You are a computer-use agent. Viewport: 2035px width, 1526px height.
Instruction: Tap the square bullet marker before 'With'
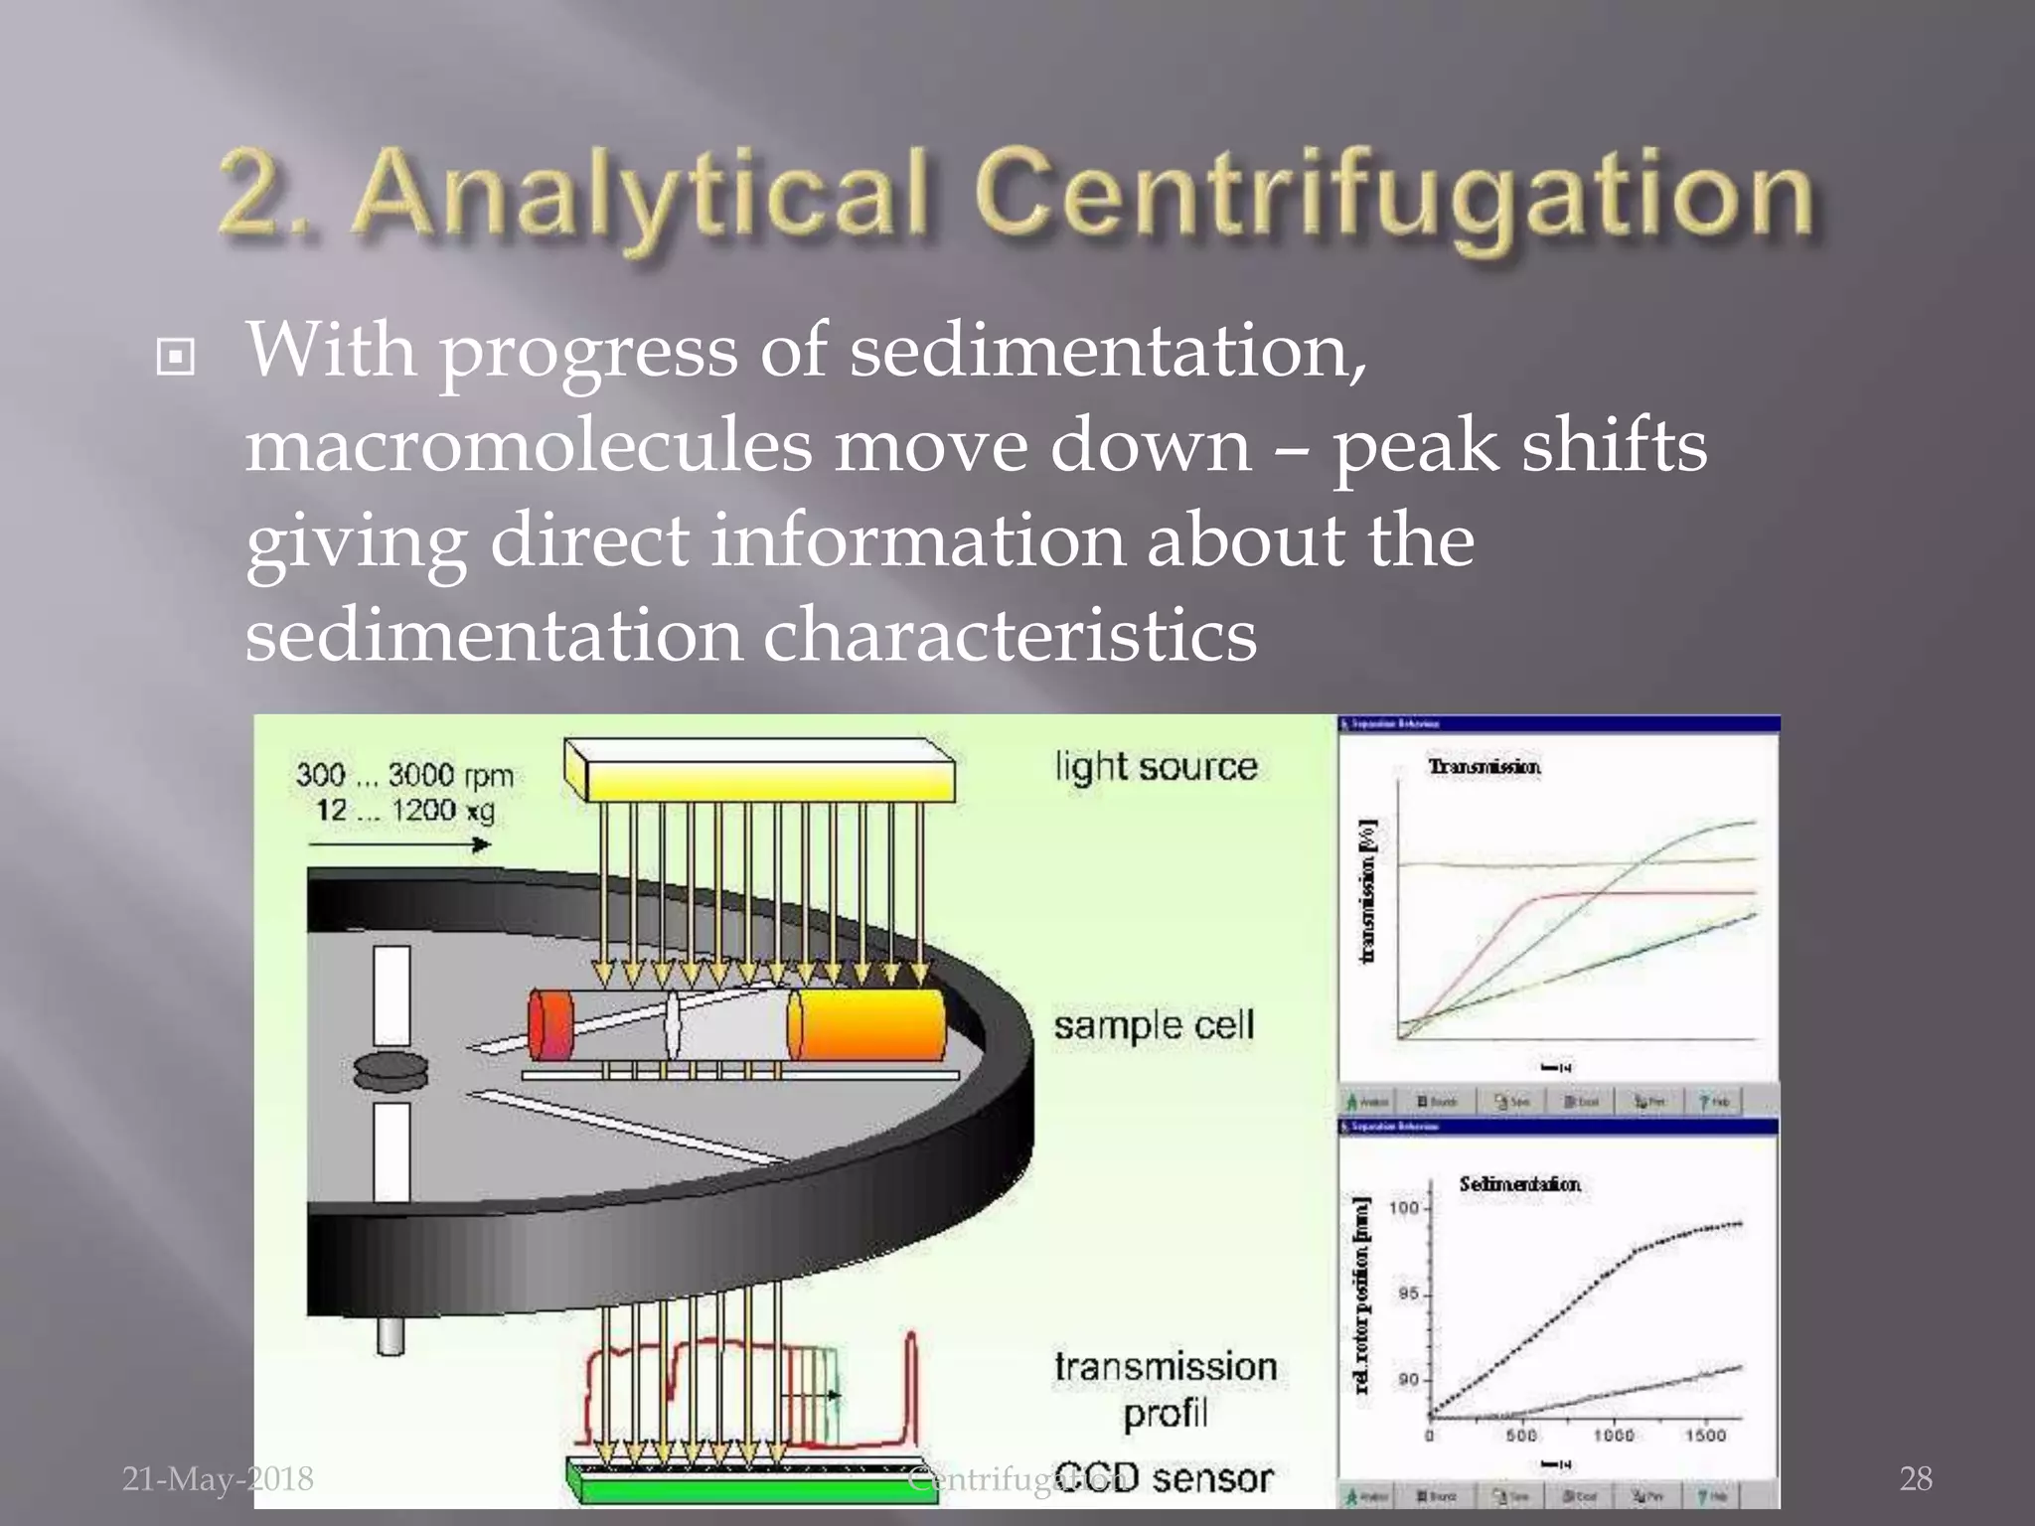[176, 358]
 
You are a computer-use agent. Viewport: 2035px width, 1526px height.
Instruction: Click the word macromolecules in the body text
[528, 446]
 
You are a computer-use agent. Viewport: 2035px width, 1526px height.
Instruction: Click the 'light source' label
[1156, 767]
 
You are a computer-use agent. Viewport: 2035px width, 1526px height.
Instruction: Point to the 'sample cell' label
[1154, 1025]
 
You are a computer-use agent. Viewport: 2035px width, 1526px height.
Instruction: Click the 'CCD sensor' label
[1163, 1478]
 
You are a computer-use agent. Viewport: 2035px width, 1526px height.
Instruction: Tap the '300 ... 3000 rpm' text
[404, 775]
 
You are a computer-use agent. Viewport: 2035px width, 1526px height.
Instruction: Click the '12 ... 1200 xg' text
[404, 811]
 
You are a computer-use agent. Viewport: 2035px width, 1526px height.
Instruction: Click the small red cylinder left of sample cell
[550, 1024]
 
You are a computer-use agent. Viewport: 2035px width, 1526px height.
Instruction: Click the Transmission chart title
[1484, 767]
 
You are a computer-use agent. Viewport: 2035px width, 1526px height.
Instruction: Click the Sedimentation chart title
[1519, 1184]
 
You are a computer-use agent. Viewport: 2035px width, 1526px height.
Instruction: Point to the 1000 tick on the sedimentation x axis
[1614, 1435]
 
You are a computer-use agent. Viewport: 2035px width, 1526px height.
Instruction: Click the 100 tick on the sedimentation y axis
[1403, 1208]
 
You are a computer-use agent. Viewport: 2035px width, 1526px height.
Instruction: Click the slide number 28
[1916, 1479]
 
